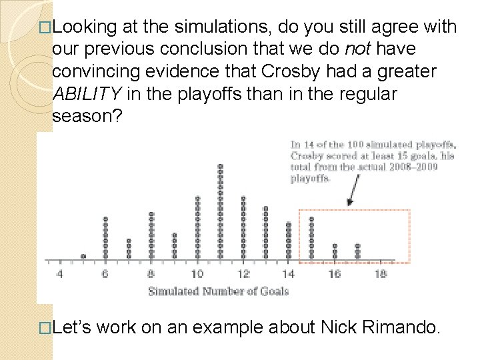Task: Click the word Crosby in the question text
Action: point(296,71)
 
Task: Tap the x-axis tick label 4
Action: point(59,274)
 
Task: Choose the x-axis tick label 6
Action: point(105,274)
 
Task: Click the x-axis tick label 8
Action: point(151,274)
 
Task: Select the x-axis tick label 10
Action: point(197,274)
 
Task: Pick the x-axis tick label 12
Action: point(243,274)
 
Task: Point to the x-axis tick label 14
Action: point(289,274)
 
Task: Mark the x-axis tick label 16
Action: point(335,274)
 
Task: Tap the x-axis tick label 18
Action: point(380,274)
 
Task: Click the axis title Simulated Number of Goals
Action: point(218,291)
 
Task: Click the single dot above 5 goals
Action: point(83,256)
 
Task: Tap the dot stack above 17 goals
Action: point(357,251)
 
